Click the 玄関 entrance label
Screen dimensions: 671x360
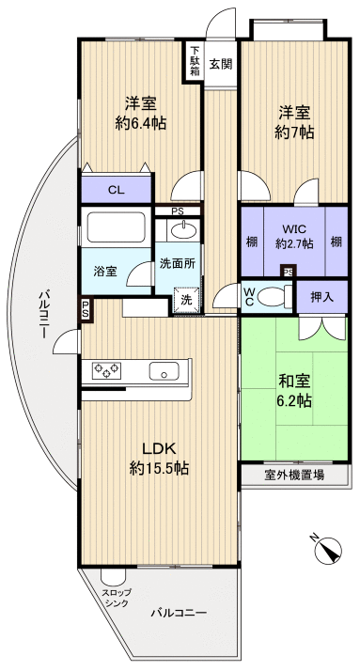point(221,64)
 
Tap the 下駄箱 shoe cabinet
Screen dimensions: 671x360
point(195,61)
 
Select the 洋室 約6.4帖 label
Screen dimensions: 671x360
point(142,113)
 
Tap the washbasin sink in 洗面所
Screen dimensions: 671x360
point(182,230)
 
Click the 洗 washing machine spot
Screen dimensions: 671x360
point(185,299)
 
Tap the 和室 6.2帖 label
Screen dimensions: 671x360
point(295,391)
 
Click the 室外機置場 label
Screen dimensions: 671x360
point(294,476)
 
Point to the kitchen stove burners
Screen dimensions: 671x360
point(108,371)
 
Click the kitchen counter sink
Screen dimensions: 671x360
point(168,371)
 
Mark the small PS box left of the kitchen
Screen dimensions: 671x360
point(86,307)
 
